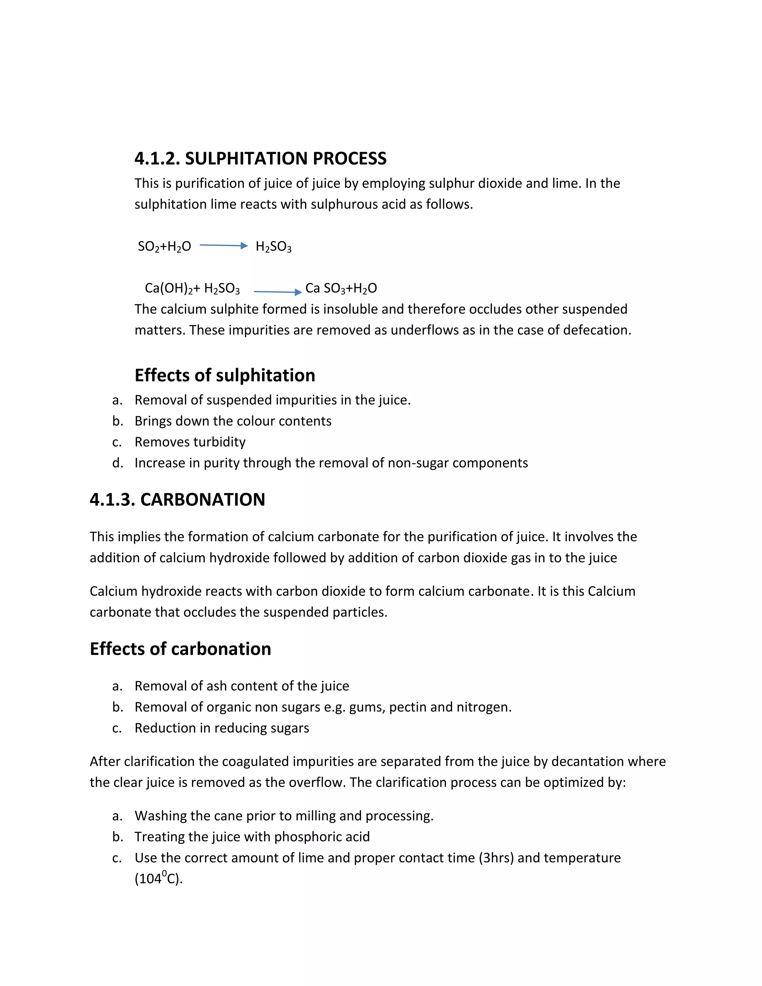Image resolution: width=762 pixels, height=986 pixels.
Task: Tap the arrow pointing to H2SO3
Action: click(x=224, y=246)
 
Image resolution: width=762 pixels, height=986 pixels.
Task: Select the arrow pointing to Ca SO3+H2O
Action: click(x=278, y=292)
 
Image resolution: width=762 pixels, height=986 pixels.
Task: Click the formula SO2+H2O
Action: click(x=164, y=246)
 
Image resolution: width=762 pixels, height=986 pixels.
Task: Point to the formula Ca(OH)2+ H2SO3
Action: click(x=192, y=288)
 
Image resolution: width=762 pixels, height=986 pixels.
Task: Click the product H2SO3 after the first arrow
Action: click(x=273, y=246)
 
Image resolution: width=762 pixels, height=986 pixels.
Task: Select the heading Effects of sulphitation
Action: click(x=225, y=375)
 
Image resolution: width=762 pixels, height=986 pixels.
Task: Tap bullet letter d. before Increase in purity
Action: click(x=117, y=463)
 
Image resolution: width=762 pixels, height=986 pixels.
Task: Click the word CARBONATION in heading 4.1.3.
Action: click(x=203, y=499)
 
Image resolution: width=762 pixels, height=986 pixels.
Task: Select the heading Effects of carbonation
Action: click(x=180, y=649)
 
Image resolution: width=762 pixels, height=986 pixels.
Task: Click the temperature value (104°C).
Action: click(x=159, y=878)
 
